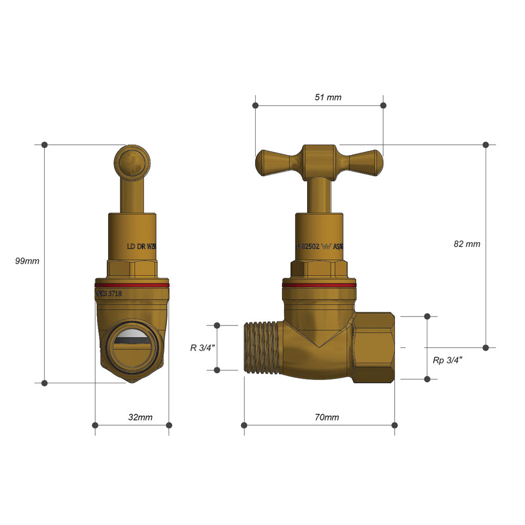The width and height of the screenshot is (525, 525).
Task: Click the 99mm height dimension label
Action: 27,261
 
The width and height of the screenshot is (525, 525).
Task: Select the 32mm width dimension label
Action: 140,417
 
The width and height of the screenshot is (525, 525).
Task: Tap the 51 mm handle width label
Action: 328,98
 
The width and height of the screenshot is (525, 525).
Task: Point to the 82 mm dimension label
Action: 467,244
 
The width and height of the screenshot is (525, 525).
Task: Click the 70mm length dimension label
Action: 327,417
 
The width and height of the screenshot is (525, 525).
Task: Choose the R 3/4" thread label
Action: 203,347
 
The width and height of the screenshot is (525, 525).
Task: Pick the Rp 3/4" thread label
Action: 447,360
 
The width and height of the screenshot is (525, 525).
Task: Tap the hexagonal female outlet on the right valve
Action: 374,348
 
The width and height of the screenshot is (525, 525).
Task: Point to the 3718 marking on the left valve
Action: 114,295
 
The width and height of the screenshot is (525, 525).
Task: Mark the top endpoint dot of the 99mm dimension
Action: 45,144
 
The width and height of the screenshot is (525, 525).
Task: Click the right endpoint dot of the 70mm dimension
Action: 395,425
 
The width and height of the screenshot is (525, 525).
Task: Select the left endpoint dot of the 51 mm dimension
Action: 255,106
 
